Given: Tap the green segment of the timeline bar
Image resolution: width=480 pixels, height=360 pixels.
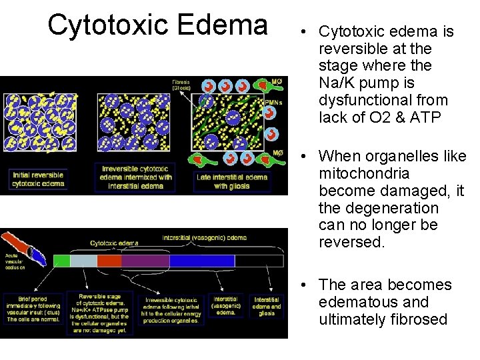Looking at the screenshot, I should point(61,261).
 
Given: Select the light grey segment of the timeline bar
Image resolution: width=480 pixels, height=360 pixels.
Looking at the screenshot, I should point(83,261).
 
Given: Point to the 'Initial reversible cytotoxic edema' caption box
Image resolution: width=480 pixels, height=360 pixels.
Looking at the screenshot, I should point(39,179).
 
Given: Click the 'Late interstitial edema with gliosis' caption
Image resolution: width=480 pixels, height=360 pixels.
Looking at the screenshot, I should point(232,181).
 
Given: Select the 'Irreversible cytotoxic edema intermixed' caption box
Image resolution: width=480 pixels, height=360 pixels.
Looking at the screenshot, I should point(135,177).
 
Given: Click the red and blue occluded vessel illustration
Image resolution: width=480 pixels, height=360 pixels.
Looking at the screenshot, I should point(27,246).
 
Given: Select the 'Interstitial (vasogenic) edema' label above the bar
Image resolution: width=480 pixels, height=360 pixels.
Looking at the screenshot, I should point(204,237).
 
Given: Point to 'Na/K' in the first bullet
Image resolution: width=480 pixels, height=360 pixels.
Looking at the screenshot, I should point(337,83).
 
